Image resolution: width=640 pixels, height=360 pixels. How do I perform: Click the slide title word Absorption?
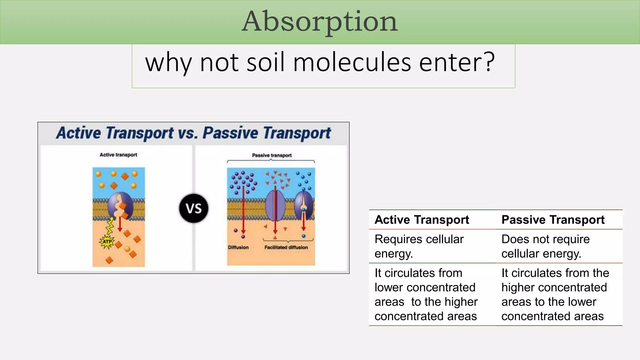point(320,21)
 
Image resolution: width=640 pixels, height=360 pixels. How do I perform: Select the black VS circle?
point(194,208)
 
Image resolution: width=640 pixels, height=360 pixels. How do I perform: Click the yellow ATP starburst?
point(107,242)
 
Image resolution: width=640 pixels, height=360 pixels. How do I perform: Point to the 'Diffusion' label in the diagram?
point(238,247)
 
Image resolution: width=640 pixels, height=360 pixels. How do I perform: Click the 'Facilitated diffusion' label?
point(286,247)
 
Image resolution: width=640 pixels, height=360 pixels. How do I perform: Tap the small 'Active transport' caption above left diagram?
point(118,155)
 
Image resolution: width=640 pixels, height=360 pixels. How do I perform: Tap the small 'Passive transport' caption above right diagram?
point(272,155)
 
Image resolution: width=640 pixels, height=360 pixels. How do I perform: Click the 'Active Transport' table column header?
point(422,220)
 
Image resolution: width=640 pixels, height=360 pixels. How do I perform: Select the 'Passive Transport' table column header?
point(553,220)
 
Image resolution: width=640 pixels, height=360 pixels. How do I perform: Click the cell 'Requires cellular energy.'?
point(419,246)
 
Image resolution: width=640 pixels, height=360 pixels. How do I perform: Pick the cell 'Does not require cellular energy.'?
point(545,246)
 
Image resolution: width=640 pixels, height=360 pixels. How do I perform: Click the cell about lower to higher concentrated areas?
point(426,294)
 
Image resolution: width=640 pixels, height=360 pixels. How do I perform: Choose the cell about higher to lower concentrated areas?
point(555,294)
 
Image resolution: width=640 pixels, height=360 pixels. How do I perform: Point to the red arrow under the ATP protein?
point(120,224)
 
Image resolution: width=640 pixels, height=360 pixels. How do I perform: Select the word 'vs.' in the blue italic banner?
point(188,133)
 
